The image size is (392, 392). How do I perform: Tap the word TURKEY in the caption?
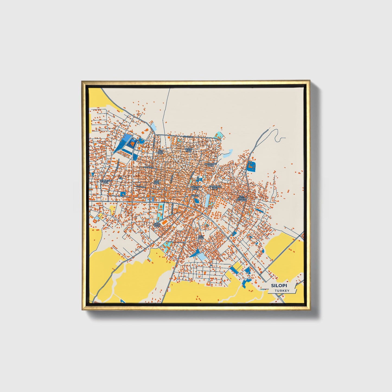tap(282, 291)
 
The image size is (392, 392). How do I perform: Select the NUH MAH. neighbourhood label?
tap(160, 152)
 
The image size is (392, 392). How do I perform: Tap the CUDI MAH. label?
tap(157, 182)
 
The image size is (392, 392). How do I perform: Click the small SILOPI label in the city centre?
tap(195, 195)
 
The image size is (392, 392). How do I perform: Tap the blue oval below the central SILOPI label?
tap(196, 201)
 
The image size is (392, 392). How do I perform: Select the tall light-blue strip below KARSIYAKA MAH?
tap(208, 200)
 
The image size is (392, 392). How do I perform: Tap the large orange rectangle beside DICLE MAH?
tap(164, 222)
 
